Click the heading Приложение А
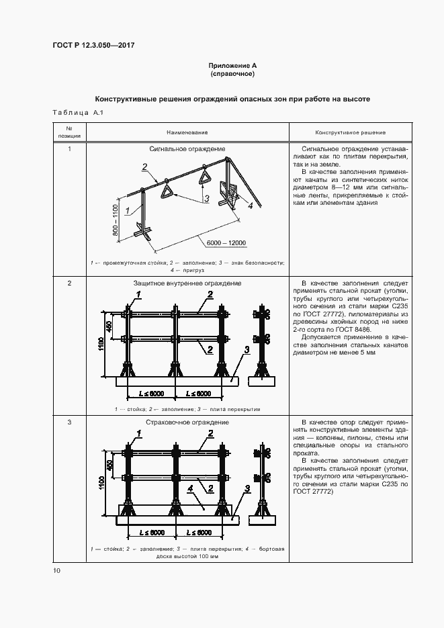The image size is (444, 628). pyautogui.click(x=232, y=66)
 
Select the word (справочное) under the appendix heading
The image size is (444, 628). pyautogui.click(x=232, y=73)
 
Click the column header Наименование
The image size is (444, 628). pyautogui.click(x=187, y=132)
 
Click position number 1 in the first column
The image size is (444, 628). pyautogui.click(x=69, y=148)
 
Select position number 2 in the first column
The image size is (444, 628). pyautogui.click(x=69, y=283)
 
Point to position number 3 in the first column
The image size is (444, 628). pyautogui.click(x=69, y=422)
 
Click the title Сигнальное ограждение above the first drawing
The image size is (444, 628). pyautogui.click(x=187, y=148)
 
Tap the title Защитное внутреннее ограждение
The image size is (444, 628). pyautogui.click(x=187, y=283)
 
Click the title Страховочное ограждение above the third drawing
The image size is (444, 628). pyautogui.click(x=187, y=422)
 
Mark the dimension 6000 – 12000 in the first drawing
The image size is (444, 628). pyautogui.click(x=226, y=242)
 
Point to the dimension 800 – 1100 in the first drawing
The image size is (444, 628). pyautogui.click(x=115, y=218)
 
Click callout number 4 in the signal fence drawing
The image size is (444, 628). pyautogui.click(x=250, y=207)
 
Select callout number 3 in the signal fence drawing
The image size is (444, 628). pyautogui.click(x=207, y=198)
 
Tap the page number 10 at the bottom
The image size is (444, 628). pyautogui.click(x=56, y=571)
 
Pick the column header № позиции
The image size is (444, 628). pyautogui.click(x=69, y=132)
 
